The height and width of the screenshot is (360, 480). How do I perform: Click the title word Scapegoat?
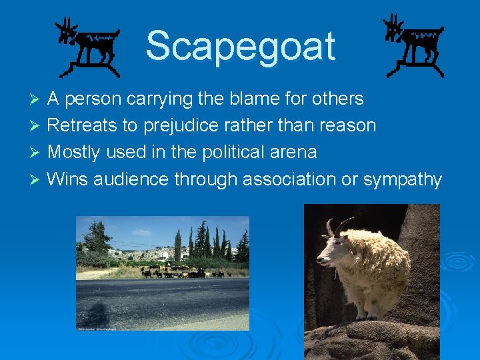coord(240,47)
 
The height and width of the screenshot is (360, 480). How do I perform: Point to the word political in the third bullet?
coord(239,153)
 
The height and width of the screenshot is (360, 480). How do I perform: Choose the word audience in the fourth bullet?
coord(130,179)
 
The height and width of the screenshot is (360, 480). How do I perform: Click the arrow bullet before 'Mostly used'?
coord(37,153)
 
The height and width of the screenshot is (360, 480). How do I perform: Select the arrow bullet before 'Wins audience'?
coord(37,180)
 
